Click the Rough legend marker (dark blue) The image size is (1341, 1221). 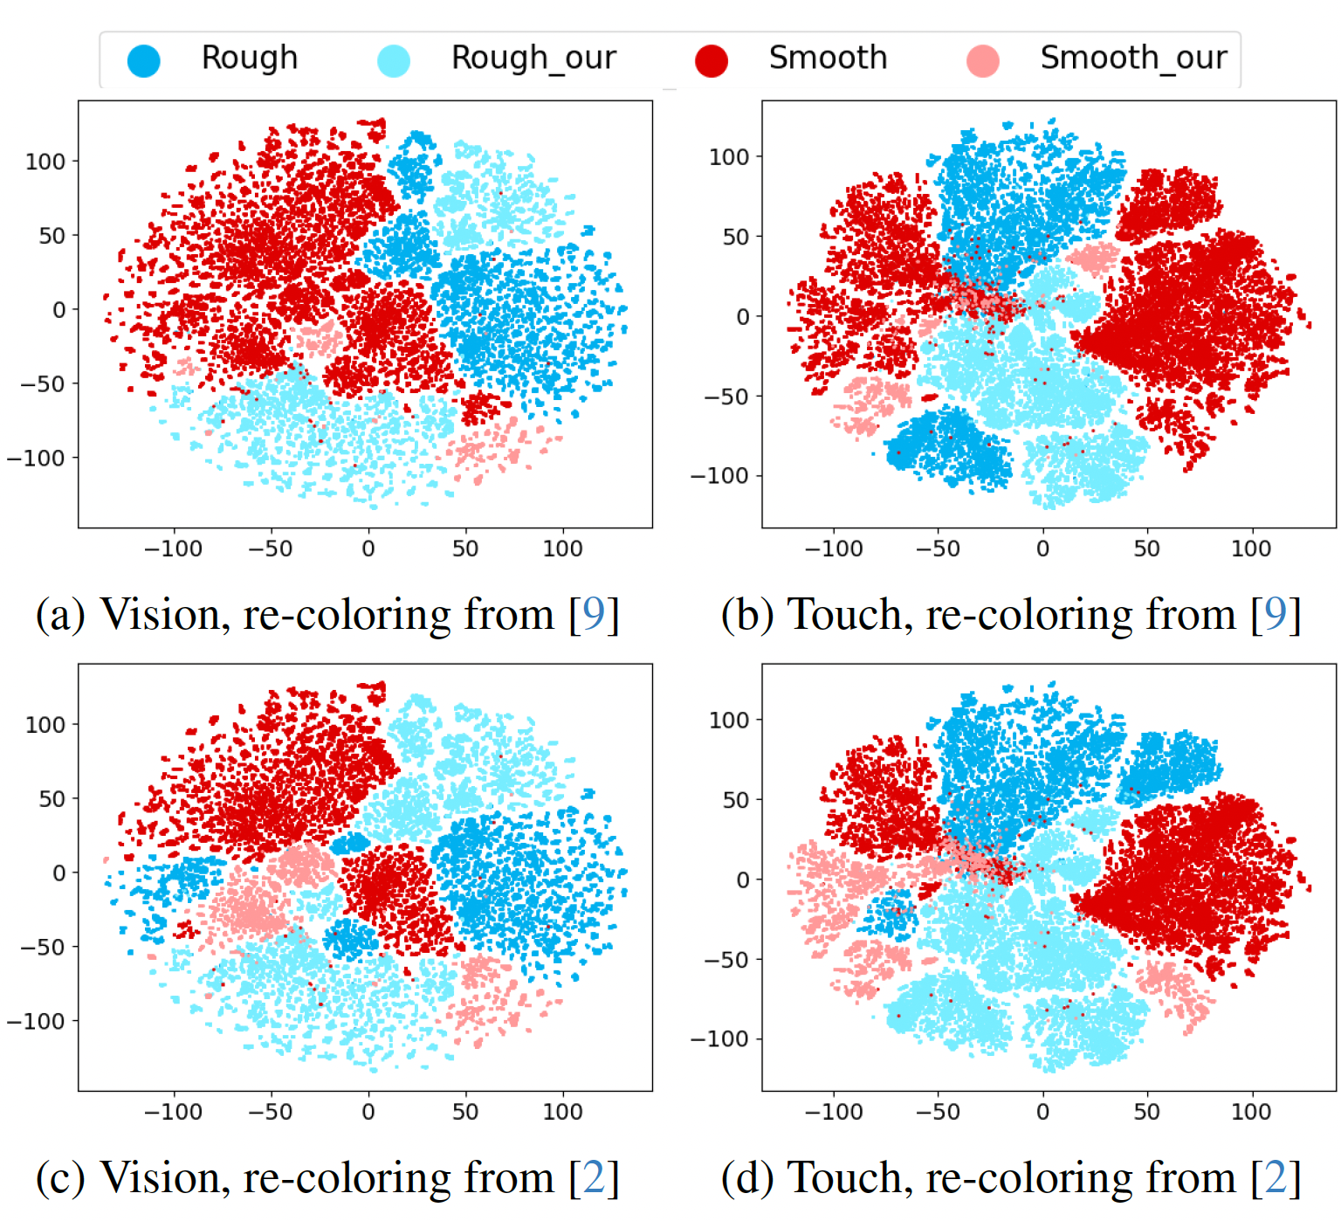tap(144, 60)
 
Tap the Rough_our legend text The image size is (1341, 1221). tap(533, 58)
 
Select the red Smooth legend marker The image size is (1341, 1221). tap(712, 60)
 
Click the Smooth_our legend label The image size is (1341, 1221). tap(1133, 58)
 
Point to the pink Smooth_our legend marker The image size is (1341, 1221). tap(983, 60)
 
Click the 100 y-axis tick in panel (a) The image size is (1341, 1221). tap(45, 162)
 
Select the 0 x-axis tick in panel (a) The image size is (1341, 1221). tap(368, 548)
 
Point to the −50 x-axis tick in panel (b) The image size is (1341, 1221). tap(937, 548)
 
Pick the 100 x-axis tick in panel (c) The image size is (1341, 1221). tap(562, 1112)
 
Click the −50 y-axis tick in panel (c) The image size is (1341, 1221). tap(43, 947)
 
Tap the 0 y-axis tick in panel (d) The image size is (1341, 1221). tap(743, 880)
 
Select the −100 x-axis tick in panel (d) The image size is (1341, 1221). tap(833, 1112)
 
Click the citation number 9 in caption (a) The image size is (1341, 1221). tap(594, 615)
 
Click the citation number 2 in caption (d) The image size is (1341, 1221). tap(1276, 1178)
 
